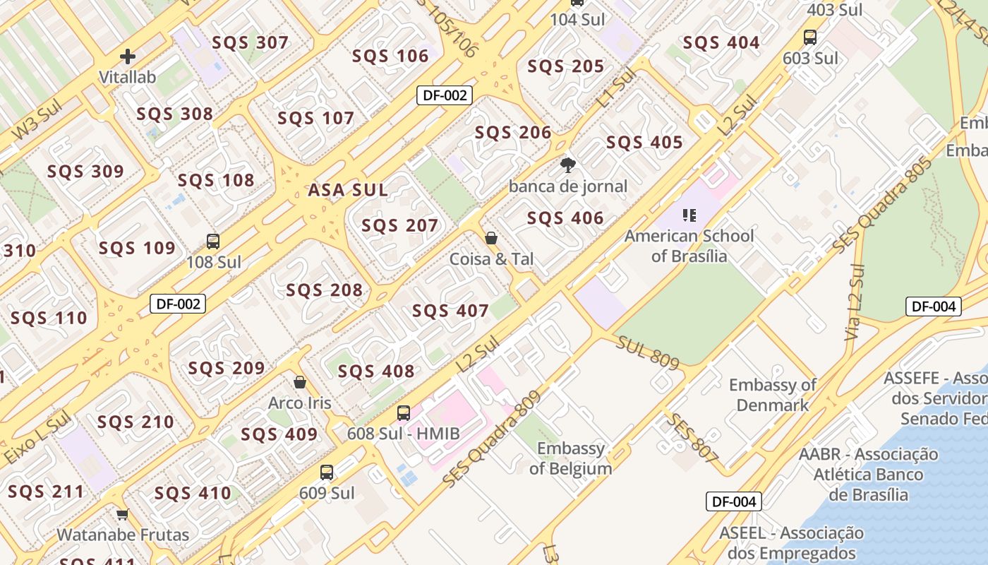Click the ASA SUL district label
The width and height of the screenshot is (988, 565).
click(x=348, y=190)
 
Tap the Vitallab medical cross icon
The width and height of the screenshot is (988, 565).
click(x=128, y=56)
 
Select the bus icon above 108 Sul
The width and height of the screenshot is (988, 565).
click(x=213, y=242)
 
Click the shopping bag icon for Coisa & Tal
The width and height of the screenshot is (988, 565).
click(x=491, y=238)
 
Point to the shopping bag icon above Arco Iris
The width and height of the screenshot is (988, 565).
click(x=300, y=382)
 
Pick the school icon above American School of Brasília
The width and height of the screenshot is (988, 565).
click(x=689, y=215)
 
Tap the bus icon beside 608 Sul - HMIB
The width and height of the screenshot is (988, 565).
click(x=404, y=413)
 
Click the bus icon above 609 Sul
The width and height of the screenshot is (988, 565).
click(x=327, y=472)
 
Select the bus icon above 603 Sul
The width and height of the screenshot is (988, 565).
click(x=810, y=37)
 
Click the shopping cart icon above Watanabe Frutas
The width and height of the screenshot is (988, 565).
click(x=123, y=514)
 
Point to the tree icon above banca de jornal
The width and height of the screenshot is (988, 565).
click(x=567, y=166)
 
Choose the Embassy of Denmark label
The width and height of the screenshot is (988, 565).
click(x=773, y=395)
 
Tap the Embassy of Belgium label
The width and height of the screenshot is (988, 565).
click(x=571, y=458)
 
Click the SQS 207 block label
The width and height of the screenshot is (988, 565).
click(x=400, y=225)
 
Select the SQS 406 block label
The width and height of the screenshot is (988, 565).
click(x=565, y=218)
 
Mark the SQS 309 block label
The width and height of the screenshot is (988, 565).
click(x=85, y=172)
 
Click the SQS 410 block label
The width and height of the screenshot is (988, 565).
click(x=193, y=493)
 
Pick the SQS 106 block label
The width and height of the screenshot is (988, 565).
click(x=390, y=56)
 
